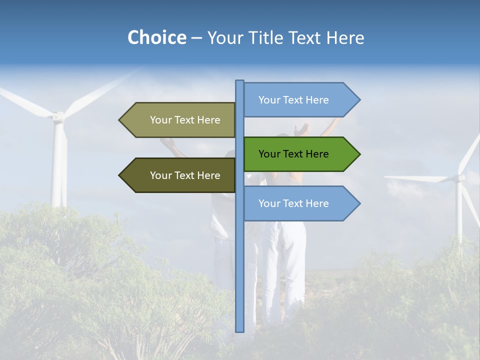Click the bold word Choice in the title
pyautogui.click(x=156, y=37)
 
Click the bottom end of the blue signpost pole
pyautogui.click(x=239, y=330)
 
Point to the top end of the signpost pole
pyautogui.click(x=239, y=81)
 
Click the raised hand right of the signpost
pyautogui.click(x=301, y=130)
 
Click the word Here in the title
pyautogui.click(x=345, y=37)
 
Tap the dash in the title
pyautogui.click(x=196, y=38)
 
